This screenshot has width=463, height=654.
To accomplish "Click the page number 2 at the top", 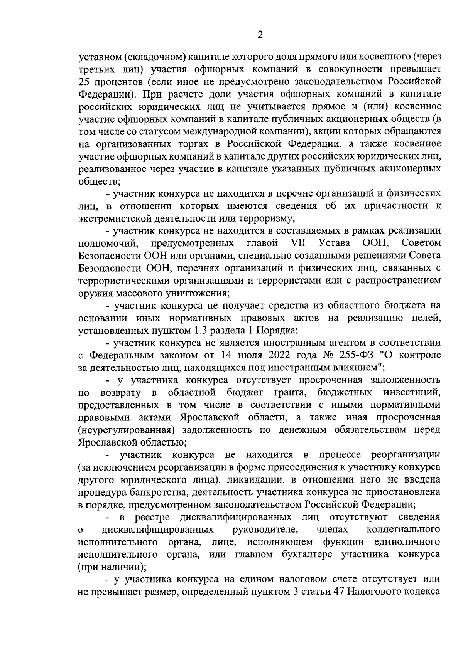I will click(x=260, y=35).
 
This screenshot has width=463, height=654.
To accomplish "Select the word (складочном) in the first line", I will click(x=149, y=57).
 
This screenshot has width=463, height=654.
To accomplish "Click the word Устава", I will click(x=335, y=243).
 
